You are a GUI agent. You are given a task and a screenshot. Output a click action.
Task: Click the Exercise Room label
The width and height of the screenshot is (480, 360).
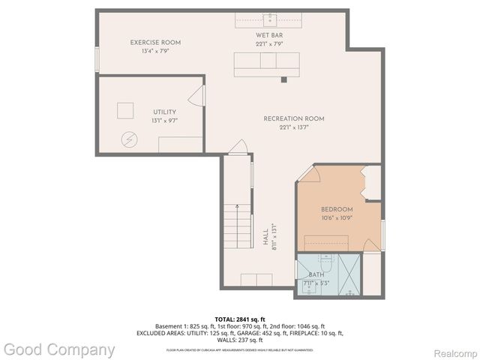(x=155, y=43)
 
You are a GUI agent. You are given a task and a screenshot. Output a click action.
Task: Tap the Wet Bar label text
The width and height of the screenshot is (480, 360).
(x=268, y=35)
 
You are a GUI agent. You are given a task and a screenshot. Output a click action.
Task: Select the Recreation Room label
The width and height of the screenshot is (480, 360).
(x=293, y=118)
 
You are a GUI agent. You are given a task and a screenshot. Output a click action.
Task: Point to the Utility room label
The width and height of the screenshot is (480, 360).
(x=164, y=112)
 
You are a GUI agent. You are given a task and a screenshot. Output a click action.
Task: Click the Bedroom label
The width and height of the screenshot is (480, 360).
(x=337, y=209)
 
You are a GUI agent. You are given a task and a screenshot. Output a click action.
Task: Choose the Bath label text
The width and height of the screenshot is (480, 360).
(x=316, y=275)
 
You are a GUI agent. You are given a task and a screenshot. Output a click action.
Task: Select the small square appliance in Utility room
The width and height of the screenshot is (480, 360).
(x=125, y=109)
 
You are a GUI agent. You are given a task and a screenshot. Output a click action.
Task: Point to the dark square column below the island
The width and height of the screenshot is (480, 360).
(x=283, y=79)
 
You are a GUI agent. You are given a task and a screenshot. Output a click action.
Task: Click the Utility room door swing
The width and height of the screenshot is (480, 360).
(x=197, y=95)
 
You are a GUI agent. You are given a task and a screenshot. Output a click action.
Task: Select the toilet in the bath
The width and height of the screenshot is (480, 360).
(x=325, y=264)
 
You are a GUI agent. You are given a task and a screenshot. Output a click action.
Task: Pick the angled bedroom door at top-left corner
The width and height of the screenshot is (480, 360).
(x=310, y=174)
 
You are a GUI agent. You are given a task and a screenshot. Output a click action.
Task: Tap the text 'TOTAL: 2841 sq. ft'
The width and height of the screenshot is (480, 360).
(x=239, y=319)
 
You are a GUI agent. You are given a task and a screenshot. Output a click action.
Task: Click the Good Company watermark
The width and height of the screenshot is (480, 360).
(x=58, y=349)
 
